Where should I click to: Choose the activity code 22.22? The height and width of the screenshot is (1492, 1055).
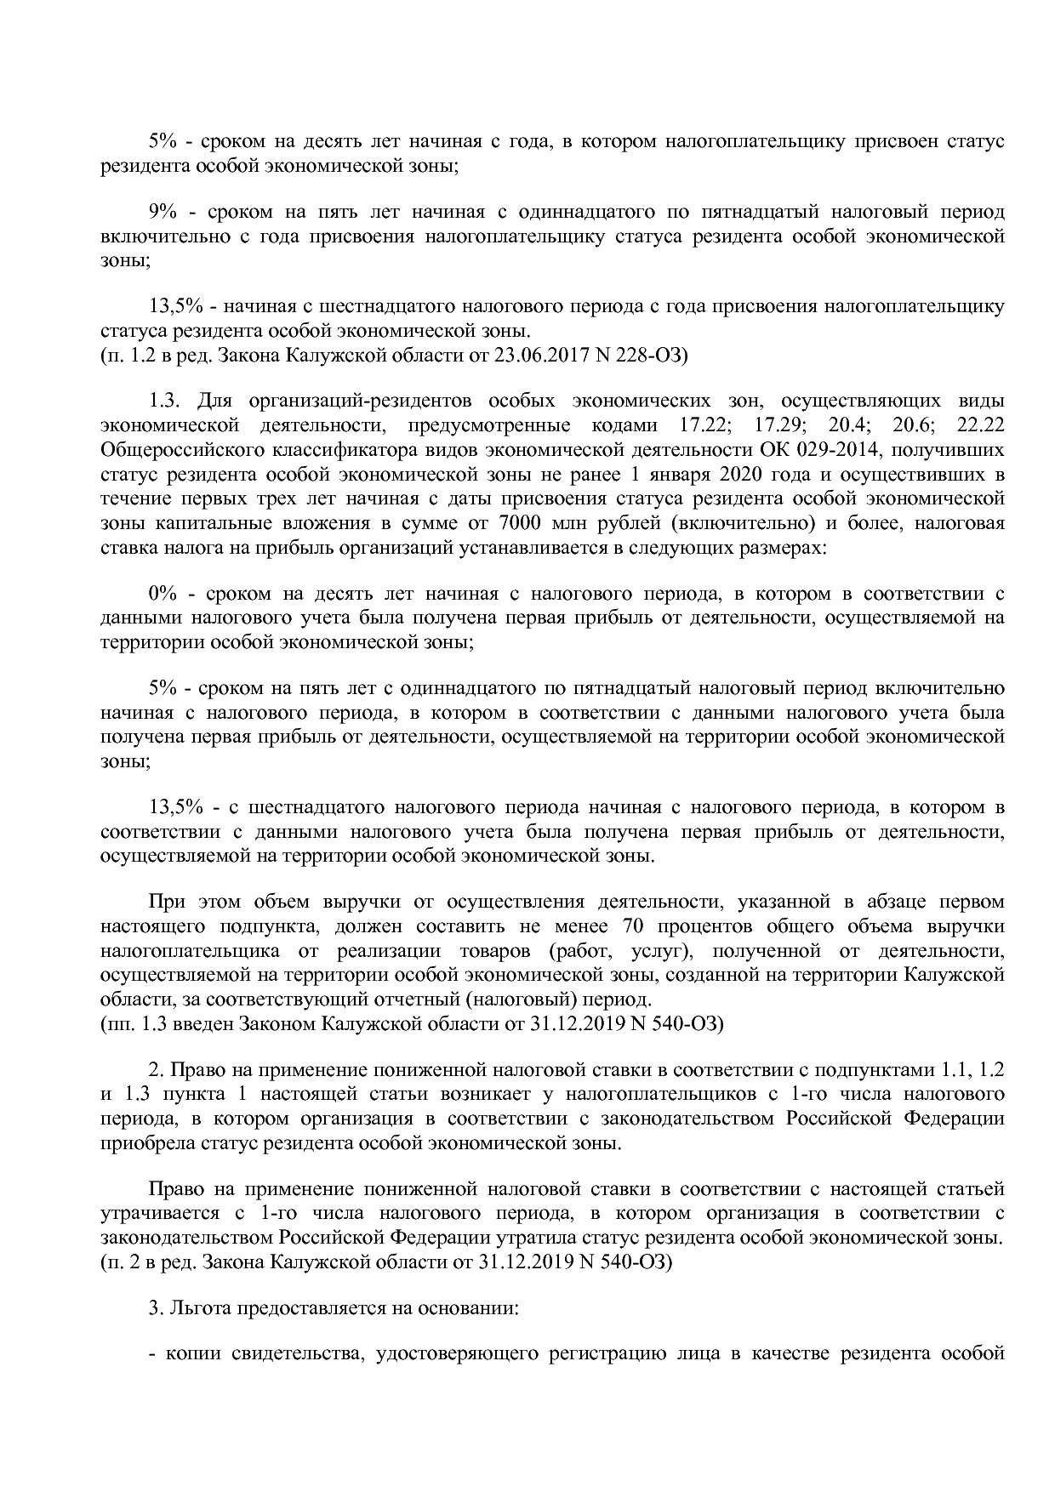coord(980,424)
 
